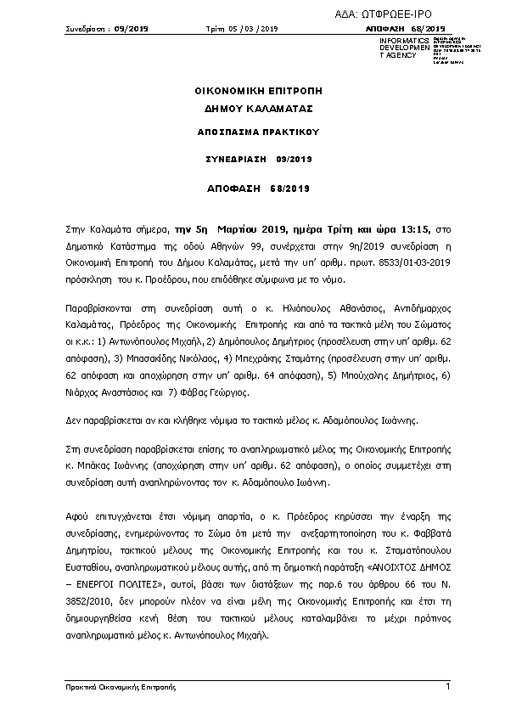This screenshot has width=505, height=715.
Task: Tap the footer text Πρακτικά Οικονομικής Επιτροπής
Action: point(114,687)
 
